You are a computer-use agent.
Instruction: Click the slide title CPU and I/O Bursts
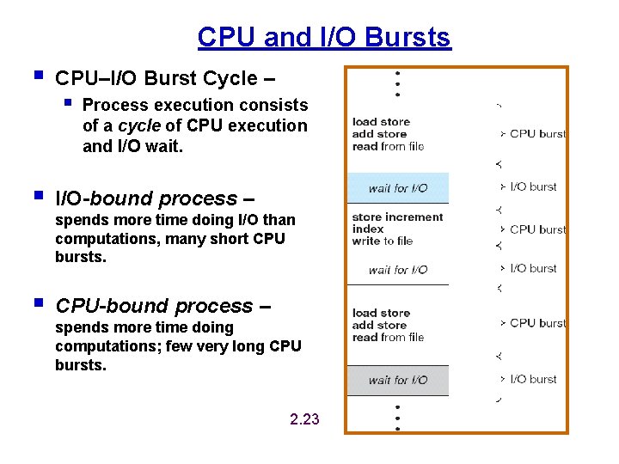tap(323, 38)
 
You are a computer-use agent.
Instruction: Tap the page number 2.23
tap(304, 419)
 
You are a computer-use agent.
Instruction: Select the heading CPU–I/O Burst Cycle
tap(165, 78)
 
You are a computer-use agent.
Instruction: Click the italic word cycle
tap(138, 125)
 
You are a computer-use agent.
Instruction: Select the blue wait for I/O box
tap(397, 188)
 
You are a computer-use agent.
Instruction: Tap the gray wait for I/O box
tap(397, 380)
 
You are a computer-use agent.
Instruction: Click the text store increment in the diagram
tap(397, 217)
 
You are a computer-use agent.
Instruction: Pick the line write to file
tap(383, 241)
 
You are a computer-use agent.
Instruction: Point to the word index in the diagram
tap(368, 229)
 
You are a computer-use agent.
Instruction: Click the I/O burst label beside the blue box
tap(533, 186)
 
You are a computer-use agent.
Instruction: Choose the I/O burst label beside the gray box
tap(533, 379)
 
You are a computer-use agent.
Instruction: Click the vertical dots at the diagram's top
tap(397, 83)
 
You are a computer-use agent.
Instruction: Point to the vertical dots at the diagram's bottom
tap(397, 417)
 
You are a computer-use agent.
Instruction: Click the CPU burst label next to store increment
tap(537, 229)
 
